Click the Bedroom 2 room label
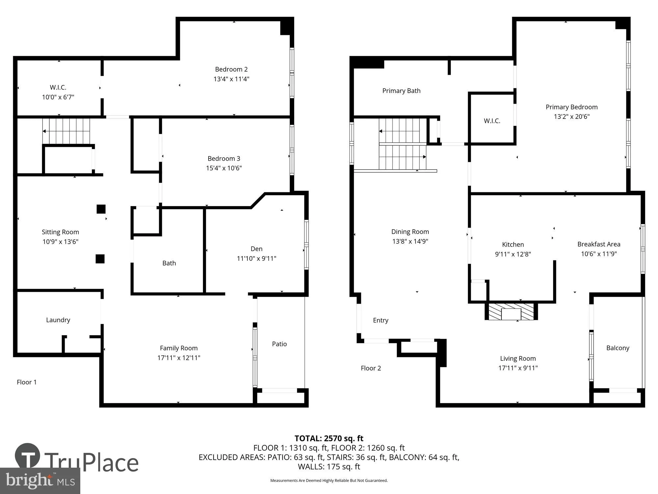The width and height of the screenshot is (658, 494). point(231,69)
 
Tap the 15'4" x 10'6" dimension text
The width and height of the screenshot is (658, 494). point(224,168)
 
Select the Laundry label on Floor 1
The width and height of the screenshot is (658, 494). point(58,320)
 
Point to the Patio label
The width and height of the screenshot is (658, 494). point(279,344)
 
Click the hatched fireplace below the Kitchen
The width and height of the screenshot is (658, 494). point(511,312)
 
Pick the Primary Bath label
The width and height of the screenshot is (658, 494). point(401,91)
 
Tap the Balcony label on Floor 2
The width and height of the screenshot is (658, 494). point(618,348)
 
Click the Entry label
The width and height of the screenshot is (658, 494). point(380,320)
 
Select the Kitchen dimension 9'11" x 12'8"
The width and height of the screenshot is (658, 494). point(513,254)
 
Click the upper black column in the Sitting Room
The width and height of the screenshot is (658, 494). point(101,209)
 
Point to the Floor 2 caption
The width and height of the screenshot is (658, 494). point(371,368)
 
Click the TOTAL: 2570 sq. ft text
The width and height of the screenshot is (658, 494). point(329,438)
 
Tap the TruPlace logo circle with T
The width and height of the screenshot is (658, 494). point(28,456)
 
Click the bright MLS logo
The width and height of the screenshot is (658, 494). point(40,481)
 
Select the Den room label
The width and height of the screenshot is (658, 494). point(256,249)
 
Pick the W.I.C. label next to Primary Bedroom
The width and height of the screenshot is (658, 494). point(492,121)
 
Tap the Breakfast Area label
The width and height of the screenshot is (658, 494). point(598,244)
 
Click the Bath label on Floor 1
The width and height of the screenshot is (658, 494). point(169,263)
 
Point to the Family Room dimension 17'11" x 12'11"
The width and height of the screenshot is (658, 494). point(179,358)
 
